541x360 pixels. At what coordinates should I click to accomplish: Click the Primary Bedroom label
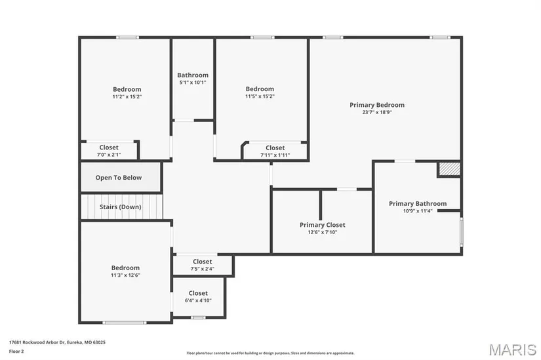tap(377, 105)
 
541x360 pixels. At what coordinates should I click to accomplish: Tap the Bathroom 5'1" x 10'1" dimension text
tap(193, 83)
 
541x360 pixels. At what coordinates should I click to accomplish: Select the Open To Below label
tap(118, 178)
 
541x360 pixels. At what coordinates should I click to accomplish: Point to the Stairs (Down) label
tap(121, 207)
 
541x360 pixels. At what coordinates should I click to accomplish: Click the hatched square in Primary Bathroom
tap(449, 169)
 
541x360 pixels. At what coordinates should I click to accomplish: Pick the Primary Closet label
tap(322, 225)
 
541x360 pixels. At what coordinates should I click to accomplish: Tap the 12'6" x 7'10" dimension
tap(322, 232)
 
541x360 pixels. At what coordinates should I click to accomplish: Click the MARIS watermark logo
tap(513, 350)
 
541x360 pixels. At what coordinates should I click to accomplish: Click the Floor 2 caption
tap(16, 351)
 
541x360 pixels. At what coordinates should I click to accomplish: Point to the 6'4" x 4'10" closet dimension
tap(198, 300)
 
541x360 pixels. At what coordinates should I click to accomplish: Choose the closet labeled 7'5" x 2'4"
tap(203, 265)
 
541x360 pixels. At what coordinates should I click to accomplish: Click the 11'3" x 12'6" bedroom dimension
tap(125, 275)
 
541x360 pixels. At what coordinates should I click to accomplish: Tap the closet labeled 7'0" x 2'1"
tap(109, 151)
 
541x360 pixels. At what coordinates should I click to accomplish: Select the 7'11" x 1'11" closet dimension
tap(275, 155)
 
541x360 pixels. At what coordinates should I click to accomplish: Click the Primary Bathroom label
tap(418, 204)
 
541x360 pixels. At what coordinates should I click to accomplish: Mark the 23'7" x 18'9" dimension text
tap(377, 113)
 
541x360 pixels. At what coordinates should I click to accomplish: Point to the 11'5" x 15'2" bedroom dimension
tap(260, 96)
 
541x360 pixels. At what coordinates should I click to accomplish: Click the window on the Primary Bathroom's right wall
tap(461, 231)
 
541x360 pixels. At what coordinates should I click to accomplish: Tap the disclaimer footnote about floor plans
tap(270, 353)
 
